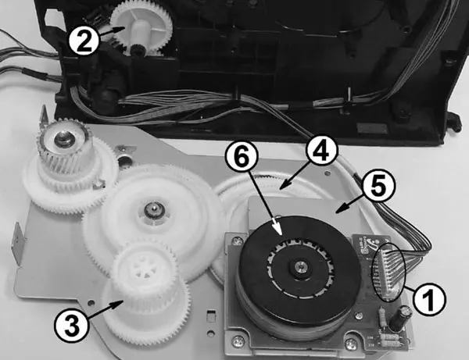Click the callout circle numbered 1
click(428, 298)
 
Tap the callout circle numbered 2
click(84, 40)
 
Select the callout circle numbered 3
click(71, 326)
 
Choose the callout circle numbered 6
click(242, 157)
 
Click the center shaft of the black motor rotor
click(299, 266)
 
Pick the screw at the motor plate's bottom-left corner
click(238, 340)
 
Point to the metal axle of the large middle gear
click(153, 209)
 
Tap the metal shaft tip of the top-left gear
click(63, 137)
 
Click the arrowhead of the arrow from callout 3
click(119, 304)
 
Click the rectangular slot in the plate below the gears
click(210, 314)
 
